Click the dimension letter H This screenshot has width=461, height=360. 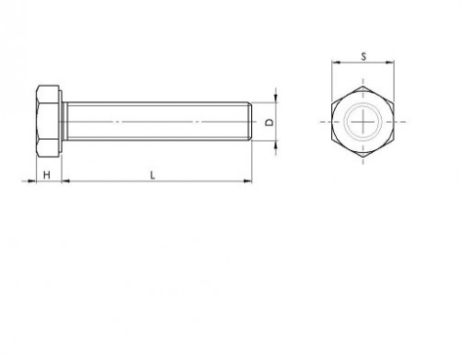47,175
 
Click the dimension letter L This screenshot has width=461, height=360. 153,175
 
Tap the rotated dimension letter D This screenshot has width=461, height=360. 270,122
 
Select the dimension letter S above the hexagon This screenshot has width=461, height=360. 363,56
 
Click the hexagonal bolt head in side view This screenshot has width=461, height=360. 48,122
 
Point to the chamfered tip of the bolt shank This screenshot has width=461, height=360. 250,122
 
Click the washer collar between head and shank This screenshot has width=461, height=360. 63,122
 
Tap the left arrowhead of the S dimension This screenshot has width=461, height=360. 336,63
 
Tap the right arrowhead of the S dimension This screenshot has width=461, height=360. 390,63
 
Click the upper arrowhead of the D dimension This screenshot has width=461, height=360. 276,98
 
